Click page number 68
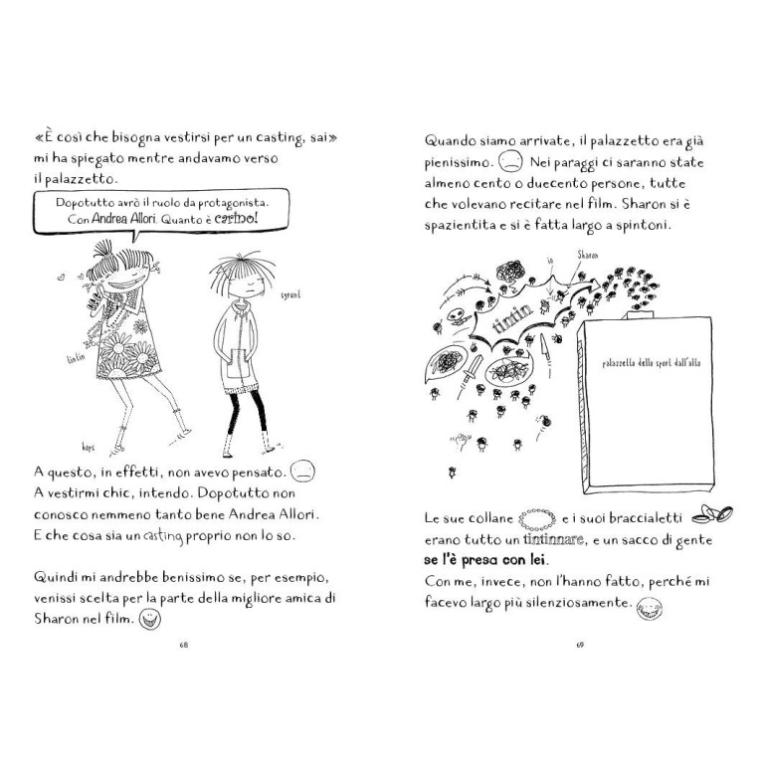(183, 646)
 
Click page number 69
(579, 646)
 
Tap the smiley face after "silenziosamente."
(650, 606)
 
